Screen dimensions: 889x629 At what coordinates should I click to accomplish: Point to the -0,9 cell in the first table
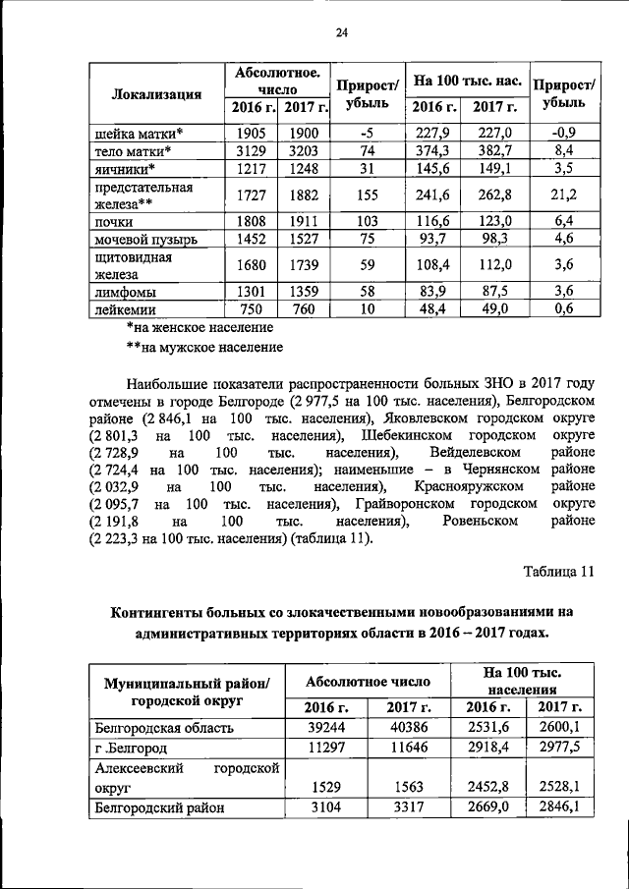coord(563,133)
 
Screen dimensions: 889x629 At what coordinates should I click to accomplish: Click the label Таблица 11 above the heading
coord(558,572)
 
